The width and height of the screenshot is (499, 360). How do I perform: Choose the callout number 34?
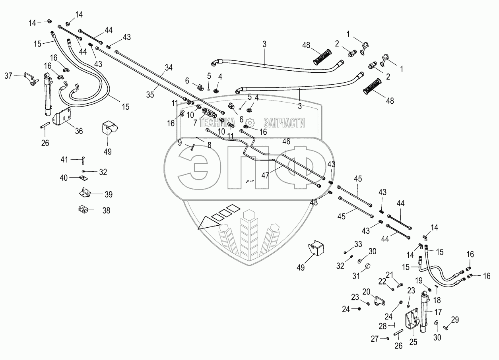click(x=169, y=68)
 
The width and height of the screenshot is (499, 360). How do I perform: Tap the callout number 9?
click(x=180, y=142)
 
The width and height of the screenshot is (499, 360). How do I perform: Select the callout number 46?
click(x=286, y=141)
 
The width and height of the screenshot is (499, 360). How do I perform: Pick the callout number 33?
click(x=358, y=244)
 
